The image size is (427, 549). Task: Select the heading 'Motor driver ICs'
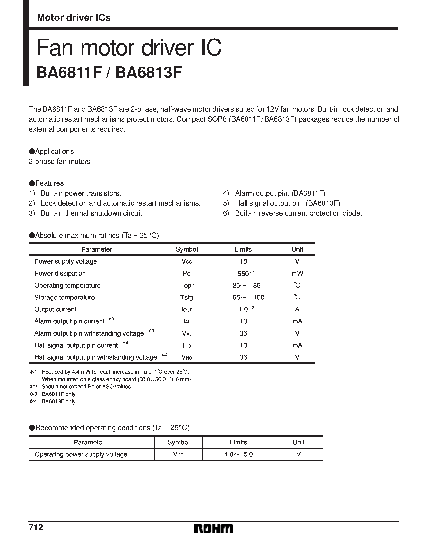point(74,18)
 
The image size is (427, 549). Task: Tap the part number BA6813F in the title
point(149,73)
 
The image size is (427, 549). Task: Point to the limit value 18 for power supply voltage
point(243,261)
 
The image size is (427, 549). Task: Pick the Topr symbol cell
point(187,285)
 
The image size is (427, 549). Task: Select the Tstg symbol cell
point(187,297)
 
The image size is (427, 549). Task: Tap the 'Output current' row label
point(55,309)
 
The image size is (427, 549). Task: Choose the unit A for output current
point(297,309)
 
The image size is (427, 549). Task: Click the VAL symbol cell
point(187,333)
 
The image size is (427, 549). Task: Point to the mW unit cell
point(297,273)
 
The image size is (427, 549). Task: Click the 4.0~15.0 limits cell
point(238,454)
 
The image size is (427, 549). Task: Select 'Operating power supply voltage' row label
point(81,454)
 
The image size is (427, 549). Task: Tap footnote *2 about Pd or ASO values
point(86,387)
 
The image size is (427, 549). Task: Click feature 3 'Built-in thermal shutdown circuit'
point(92,213)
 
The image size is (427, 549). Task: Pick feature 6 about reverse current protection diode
point(298,213)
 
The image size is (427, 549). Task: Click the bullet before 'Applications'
point(32,151)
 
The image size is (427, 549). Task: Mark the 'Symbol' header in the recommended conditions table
point(179,442)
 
